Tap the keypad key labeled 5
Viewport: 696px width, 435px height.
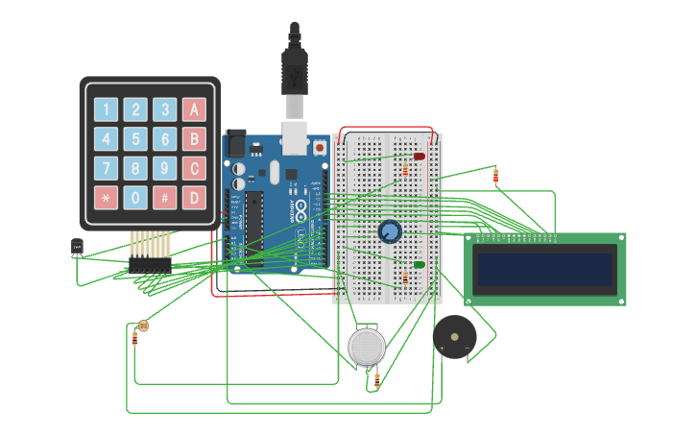[136, 139]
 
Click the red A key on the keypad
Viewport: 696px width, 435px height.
[195, 109]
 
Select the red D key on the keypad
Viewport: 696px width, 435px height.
[195, 198]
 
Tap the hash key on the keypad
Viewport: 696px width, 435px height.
[165, 198]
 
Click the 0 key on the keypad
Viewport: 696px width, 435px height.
[136, 198]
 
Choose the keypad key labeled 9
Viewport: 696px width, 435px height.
[165, 169]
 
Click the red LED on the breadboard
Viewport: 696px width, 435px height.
[419, 157]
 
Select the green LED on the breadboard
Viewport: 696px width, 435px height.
[419, 265]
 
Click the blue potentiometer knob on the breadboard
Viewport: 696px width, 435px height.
[389, 231]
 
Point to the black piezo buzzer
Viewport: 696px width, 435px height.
[454, 335]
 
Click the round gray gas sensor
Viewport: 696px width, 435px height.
[367, 347]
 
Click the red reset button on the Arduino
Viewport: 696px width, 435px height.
[319, 148]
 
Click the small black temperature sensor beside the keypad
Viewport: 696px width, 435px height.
[77, 248]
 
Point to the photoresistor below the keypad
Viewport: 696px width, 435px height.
[143, 326]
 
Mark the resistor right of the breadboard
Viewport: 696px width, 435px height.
[495, 176]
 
